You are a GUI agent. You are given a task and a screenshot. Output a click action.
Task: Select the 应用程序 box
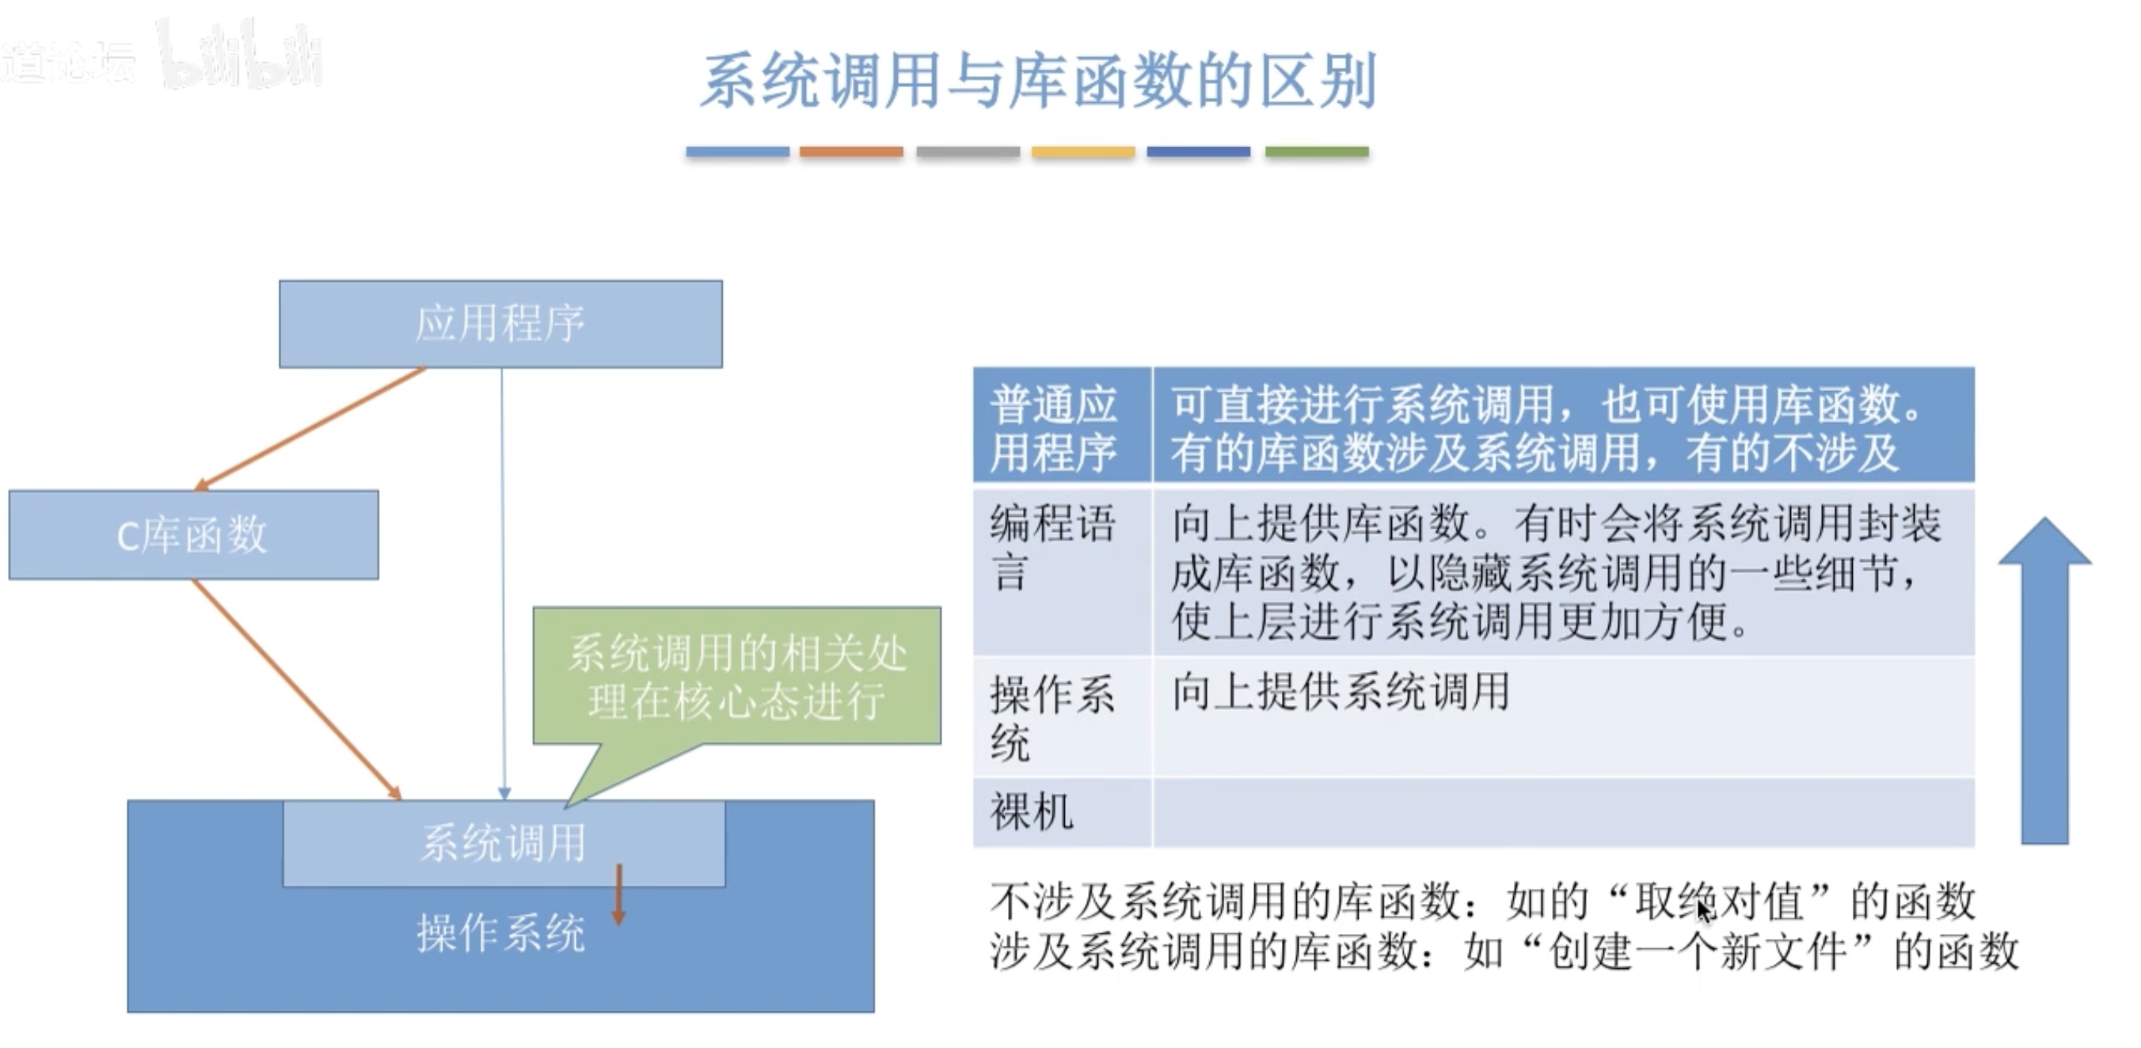[500, 323]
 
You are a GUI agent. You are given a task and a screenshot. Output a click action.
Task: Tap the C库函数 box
[193, 534]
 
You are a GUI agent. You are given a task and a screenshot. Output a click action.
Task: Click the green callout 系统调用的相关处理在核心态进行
[736, 676]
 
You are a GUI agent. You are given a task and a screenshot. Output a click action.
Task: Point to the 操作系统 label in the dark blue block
[500, 932]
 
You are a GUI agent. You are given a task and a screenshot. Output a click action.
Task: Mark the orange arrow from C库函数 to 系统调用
[296, 688]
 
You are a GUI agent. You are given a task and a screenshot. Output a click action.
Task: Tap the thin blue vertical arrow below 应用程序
[503, 582]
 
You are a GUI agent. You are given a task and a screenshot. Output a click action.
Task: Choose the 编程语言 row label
[1051, 547]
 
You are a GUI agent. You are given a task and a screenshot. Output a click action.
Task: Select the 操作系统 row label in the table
[1051, 716]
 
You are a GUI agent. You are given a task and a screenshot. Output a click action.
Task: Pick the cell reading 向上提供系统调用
[1340, 692]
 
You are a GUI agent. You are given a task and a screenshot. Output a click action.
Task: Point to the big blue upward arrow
[2044, 682]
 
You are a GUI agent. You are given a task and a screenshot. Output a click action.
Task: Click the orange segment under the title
[851, 152]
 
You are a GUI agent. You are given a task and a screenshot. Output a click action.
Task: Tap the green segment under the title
[1317, 152]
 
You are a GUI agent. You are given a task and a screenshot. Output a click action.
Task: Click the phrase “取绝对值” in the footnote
[1719, 901]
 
